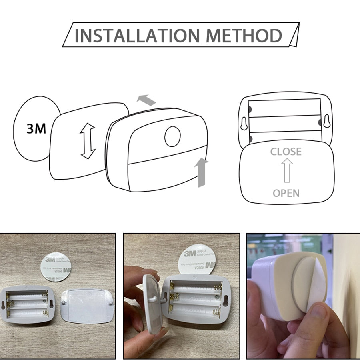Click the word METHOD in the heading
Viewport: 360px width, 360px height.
pos(244,35)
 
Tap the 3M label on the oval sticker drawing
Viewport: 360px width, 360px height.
pos(36,129)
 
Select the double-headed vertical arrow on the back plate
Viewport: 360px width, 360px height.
pos(88,141)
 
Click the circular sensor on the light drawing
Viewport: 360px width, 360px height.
pos(172,136)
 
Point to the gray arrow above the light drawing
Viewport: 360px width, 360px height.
pos(146,100)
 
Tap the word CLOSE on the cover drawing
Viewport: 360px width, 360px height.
pos(286,152)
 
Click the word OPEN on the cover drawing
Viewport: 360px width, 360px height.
pos(286,194)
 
